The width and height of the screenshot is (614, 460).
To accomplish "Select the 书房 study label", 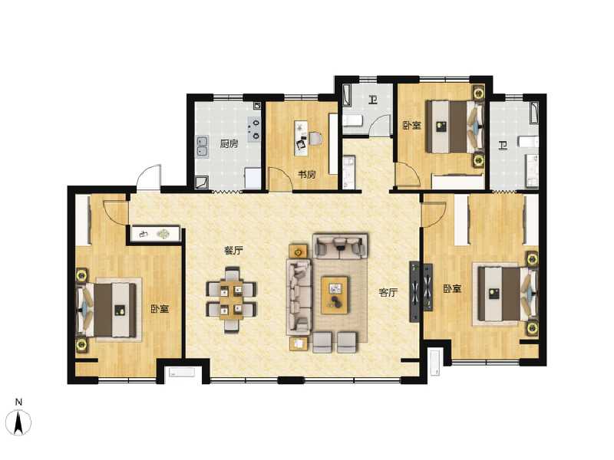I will (306, 175).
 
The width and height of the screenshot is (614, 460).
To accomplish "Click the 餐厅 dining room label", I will (233, 251).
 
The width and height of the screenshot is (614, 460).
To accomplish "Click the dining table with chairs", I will (232, 298).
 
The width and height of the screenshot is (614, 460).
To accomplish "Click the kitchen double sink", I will (203, 145).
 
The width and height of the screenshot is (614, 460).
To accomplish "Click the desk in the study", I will (302, 139).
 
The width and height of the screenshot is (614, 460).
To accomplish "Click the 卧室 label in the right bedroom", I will (452, 289).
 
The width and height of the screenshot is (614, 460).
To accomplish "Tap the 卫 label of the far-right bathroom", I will (502, 145).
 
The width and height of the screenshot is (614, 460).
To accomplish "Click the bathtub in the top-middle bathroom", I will (347, 97).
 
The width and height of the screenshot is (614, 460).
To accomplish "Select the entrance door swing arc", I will (149, 178).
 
